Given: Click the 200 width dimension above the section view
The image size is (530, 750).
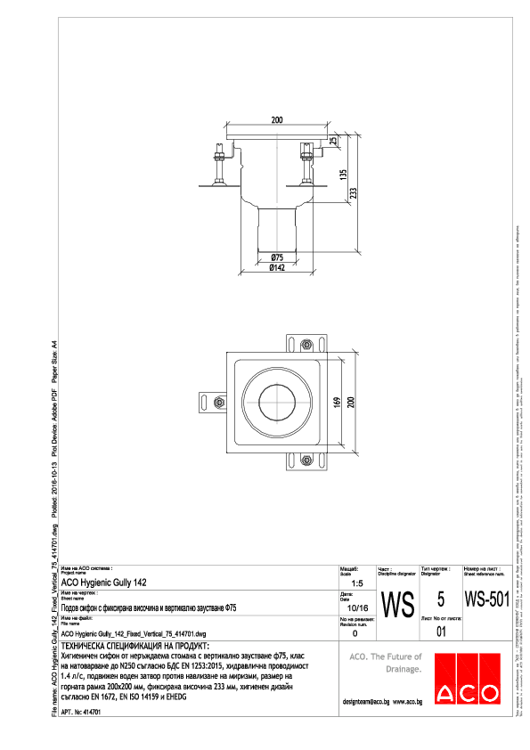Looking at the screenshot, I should tap(277, 119).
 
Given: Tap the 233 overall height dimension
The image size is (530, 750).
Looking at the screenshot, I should tap(353, 193).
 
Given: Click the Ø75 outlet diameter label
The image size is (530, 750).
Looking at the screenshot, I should tap(277, 257).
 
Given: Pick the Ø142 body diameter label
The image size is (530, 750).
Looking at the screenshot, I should tap(277, 266).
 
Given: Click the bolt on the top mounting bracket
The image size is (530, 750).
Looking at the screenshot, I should tap(306, 345).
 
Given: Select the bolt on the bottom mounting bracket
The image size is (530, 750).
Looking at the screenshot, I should tap(306, 461).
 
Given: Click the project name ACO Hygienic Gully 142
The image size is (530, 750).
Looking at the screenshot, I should tap(104, 582).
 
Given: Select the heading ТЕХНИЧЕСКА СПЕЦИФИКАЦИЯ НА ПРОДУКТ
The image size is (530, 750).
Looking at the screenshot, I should tap(135, 644).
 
